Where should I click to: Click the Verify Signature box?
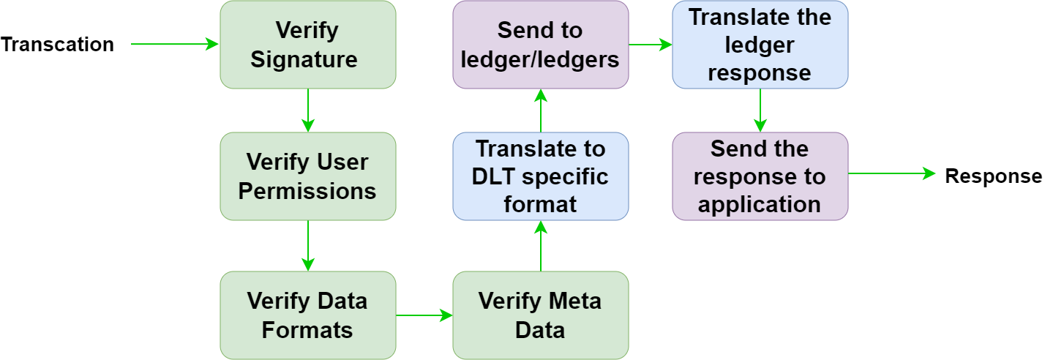pyautogui.click(x=307, y=45)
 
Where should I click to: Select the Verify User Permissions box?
pyautogui.click(x=307, y=176)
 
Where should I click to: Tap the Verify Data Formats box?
pyautogui.click(x=307, y=315)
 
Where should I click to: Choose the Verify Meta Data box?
pyautogui.click(x=540, y=315)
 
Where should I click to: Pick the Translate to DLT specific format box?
pyautogui.click(x=540, y=176)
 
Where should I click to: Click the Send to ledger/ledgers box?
pyautogui.click(x=540, y=45)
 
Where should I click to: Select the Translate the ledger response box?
pyautogui.click(x=760, y=45)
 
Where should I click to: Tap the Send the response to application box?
pyautogui.click(x=760, y=176)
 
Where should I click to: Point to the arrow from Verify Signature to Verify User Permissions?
pyautogui.click(x=308, y=110)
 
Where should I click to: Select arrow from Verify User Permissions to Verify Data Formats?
pyautogui.click(x=308, y=246)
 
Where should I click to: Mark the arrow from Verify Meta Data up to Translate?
pyautogui.click(x=540, y=246)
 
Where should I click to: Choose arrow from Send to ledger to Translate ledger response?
pyautogui.click(x=651, y=45)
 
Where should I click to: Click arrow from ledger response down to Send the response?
pyautogui.click(x=760, y=110)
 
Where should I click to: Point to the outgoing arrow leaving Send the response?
pyautogui.click(x=891, y=173)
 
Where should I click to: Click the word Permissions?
pyautogui.click(x=307, y=191)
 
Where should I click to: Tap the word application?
pyautogui.click(x=760, y=204)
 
